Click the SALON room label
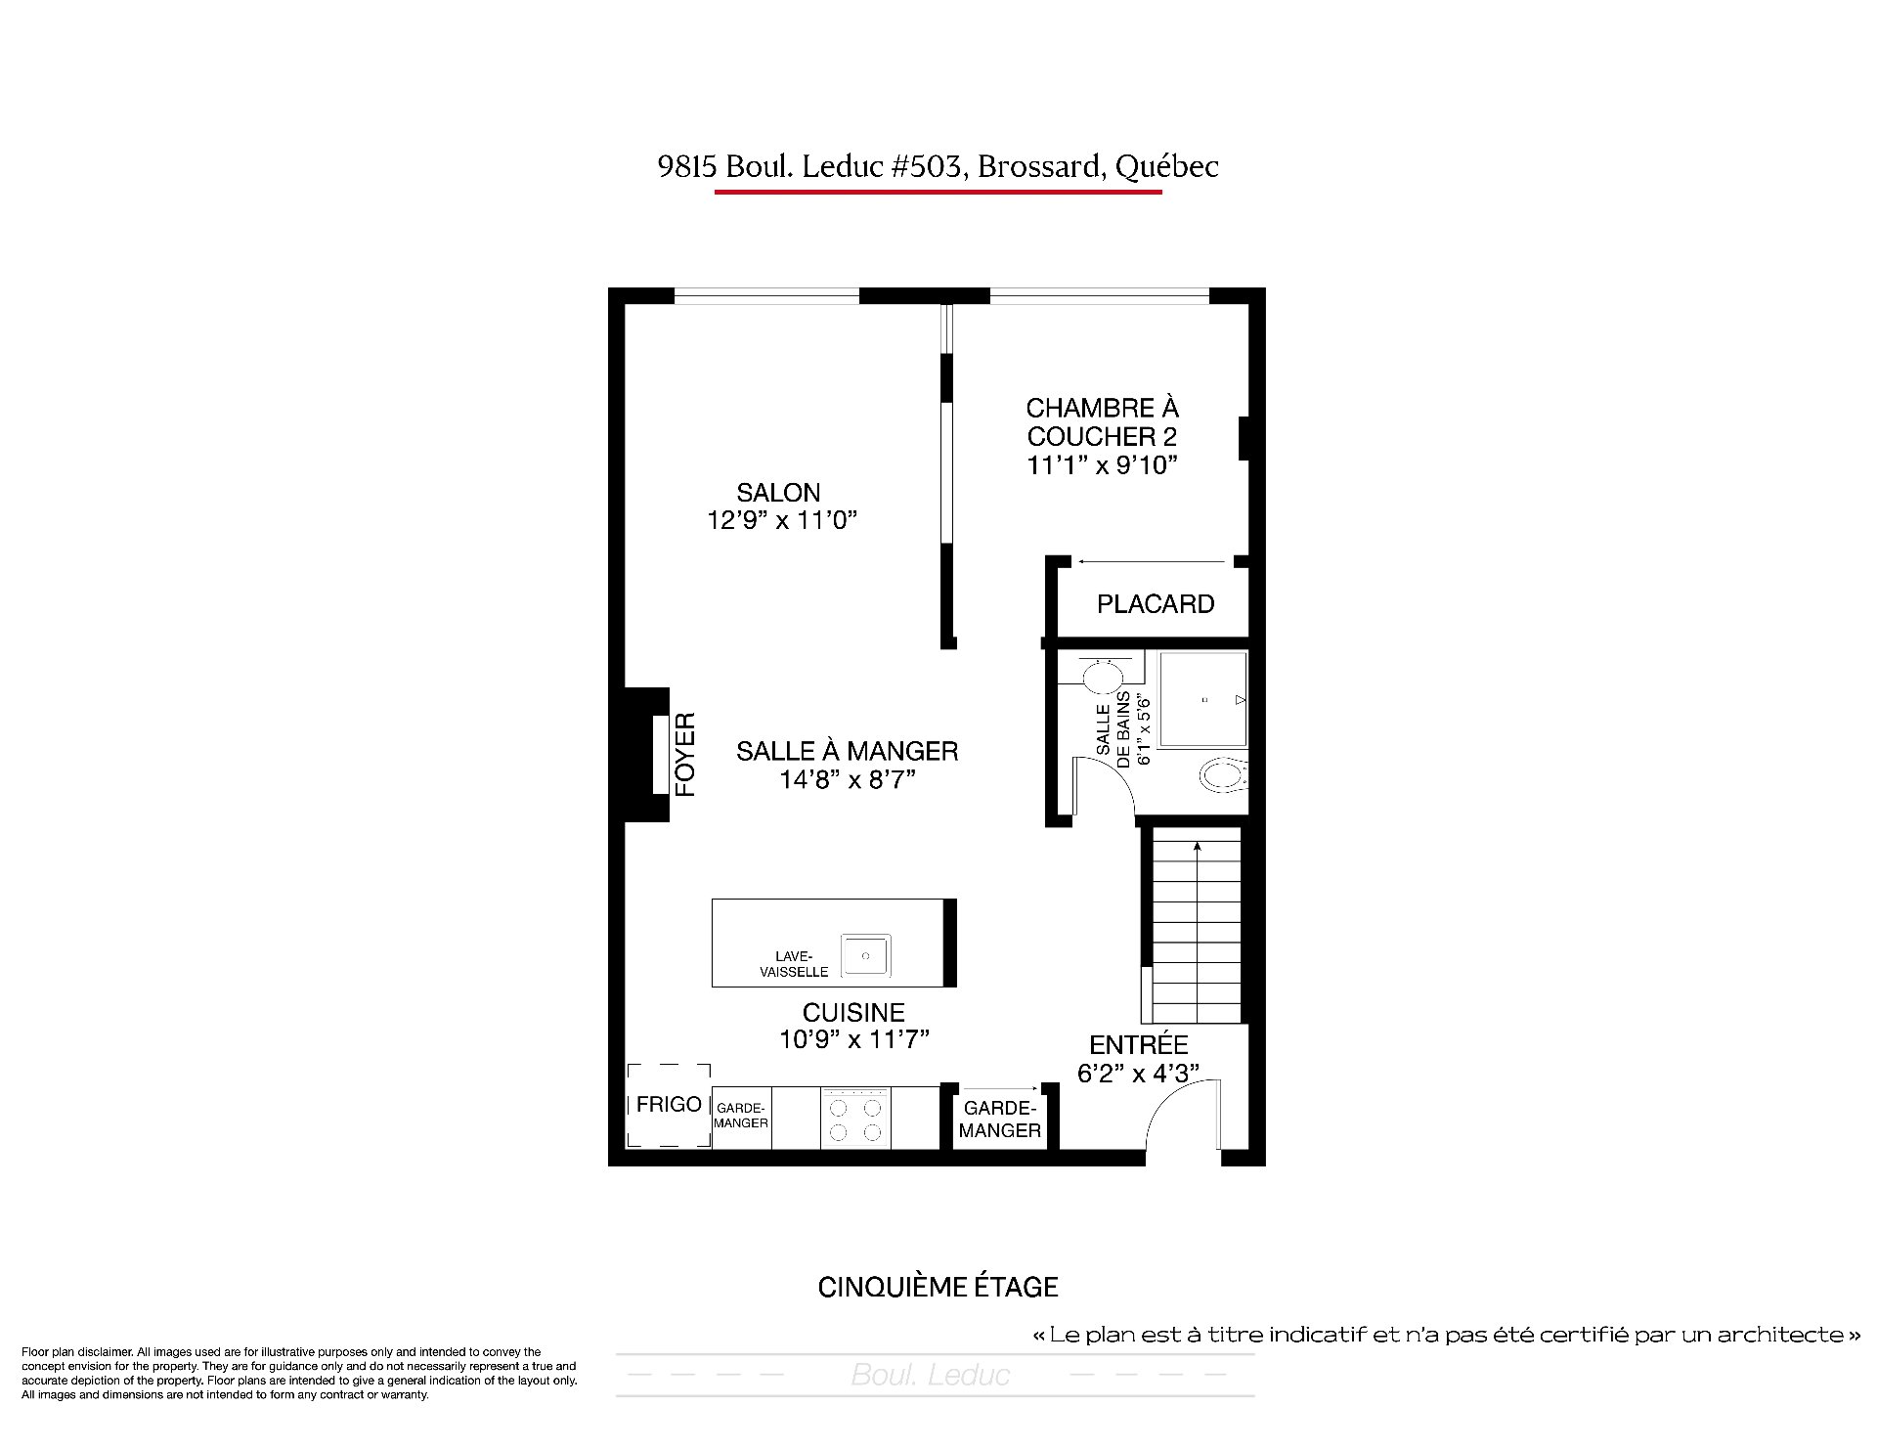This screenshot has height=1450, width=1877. point(778,493)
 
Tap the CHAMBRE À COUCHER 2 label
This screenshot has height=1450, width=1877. point(1102,421)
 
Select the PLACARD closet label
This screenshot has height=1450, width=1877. point(1156,604)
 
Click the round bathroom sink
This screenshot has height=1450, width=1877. point(1103,677)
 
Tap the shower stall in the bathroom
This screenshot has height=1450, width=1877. point(1203,699)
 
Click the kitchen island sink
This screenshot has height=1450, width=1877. point(865,954)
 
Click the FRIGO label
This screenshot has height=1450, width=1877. point(669,1105)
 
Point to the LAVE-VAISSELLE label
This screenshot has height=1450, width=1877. point(794,964)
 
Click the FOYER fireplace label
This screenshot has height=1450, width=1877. point(685,754)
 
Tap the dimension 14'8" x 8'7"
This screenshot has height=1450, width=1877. point(847,780)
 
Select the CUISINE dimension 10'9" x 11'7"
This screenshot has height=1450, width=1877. point(853,1039)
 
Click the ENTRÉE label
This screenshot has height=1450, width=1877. point(1139,1044)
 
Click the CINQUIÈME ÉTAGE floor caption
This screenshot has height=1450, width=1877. point(938,1287)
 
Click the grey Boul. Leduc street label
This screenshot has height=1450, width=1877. point(930,1376)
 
